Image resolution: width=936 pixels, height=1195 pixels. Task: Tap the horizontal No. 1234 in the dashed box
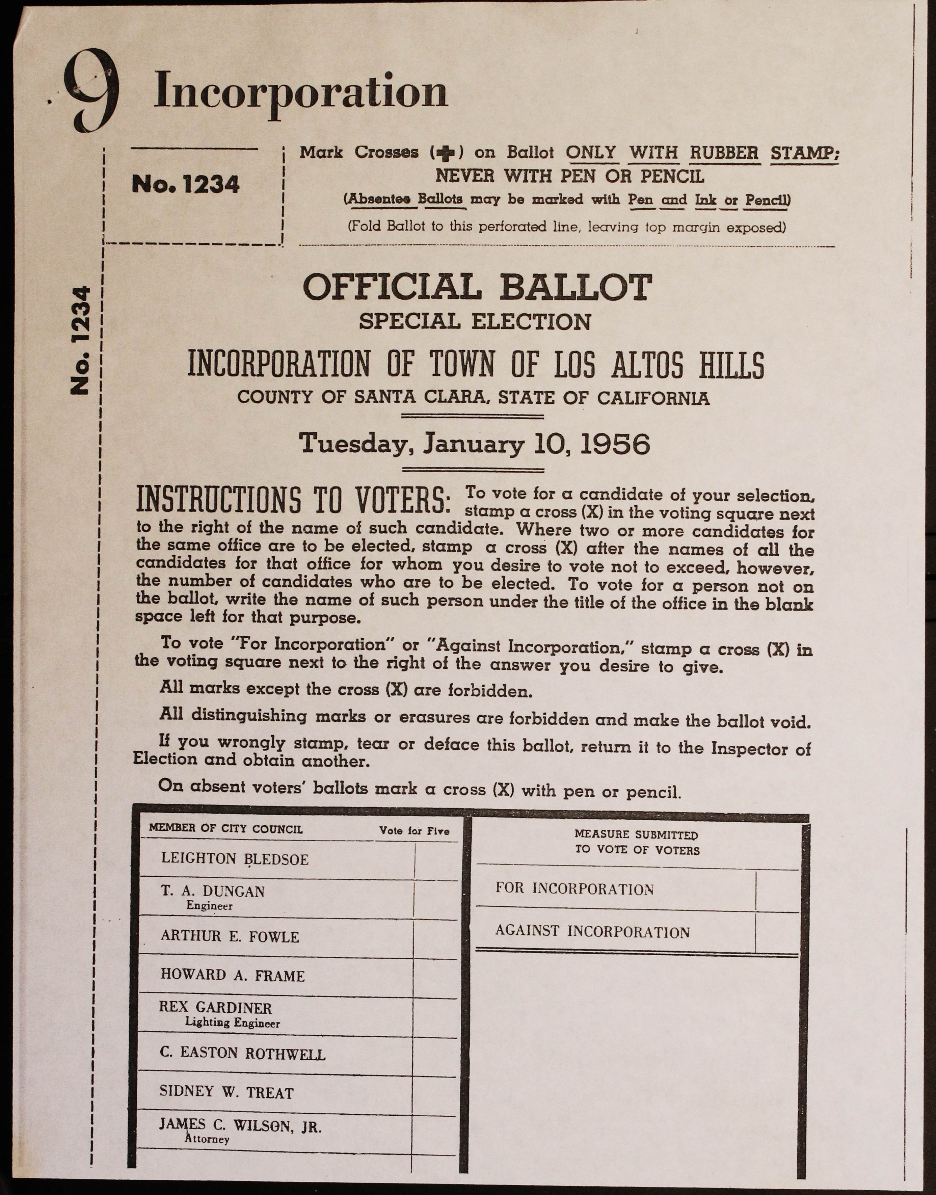(x=186, y=185)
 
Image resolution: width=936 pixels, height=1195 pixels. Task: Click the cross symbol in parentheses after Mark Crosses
(x=447, y=153)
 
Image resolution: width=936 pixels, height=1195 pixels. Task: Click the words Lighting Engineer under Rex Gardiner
(x=232, y=1023)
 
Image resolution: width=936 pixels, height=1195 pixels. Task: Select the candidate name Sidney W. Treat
(x=226, y=1092)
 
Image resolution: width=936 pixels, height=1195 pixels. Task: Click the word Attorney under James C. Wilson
(x=207, y=1139)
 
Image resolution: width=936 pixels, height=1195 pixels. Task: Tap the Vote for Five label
(x=414, y=831)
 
